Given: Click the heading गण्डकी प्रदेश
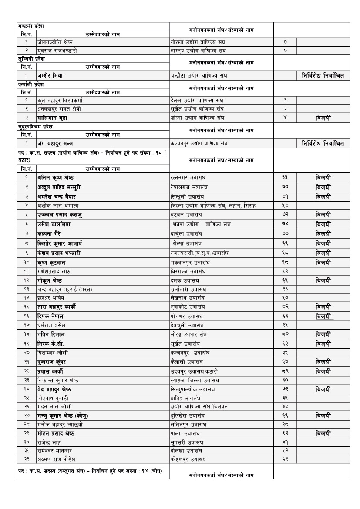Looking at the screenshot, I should pos(31,26).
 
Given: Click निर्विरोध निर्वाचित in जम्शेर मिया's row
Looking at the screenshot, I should pos(323,76).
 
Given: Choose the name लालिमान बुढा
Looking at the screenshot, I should pos(52,118).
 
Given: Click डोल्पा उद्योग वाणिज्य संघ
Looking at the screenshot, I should pos(197,118).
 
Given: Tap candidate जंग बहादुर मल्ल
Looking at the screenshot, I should pos(55,143).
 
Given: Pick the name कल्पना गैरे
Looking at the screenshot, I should pos(50,234).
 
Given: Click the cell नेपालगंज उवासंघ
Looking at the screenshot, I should pos(188,187).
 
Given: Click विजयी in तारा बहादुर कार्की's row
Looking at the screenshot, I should pos(323,307).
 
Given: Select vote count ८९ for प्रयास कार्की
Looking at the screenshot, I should pos(285,371).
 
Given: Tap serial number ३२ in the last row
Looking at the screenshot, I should pos(27,459).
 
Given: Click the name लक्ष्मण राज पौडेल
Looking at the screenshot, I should pos(56,459).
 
